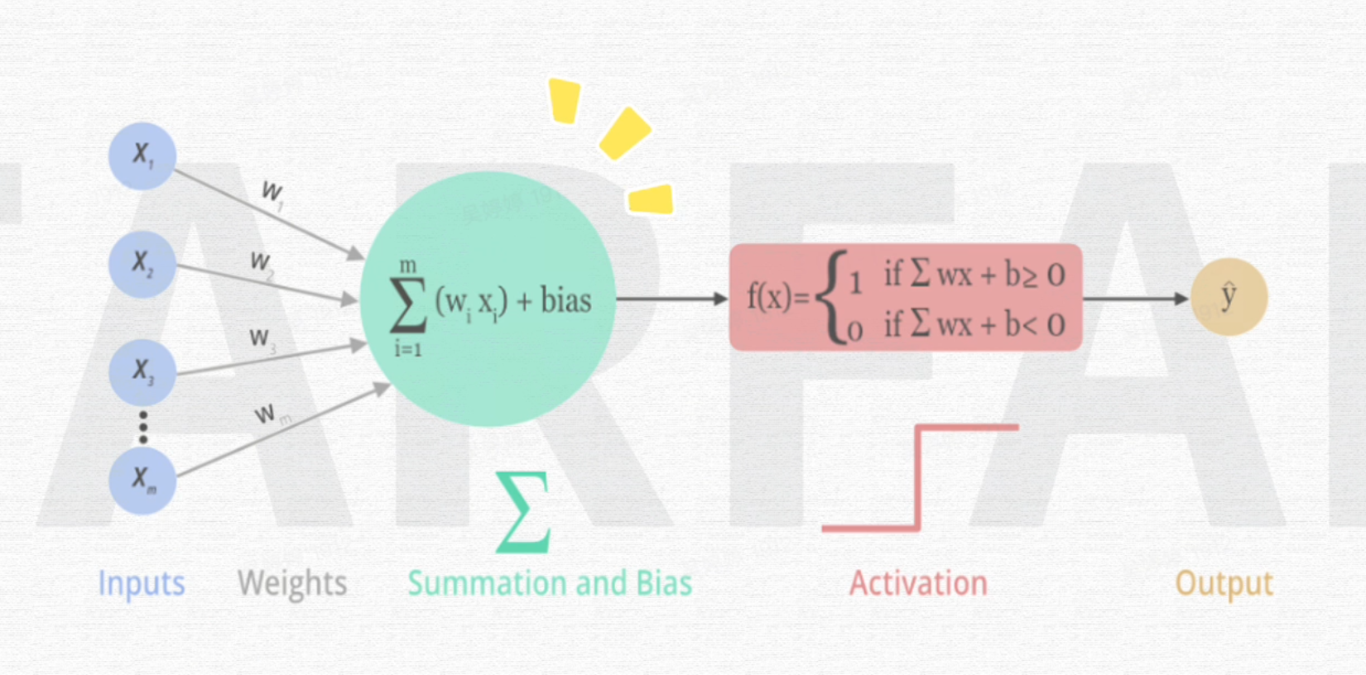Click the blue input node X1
coord(142,156)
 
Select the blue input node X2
coord(142,264)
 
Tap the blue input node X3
coord(142,371)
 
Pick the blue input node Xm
coord(142,480)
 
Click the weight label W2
coord(261,264)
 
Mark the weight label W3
coord(261,339)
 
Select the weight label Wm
coord(269,414)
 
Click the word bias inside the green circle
coord(565,300)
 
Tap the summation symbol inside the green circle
coord(408,304)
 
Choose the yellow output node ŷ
coord(1229,298)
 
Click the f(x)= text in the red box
coord(777,297)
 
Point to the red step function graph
coord(919,477)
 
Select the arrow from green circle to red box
coord(671,299)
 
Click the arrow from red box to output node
coord(1135,299)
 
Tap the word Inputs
coord(142,584)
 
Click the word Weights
coord(292,584)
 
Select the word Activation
coord(918,584)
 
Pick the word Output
coord(1224,584)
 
